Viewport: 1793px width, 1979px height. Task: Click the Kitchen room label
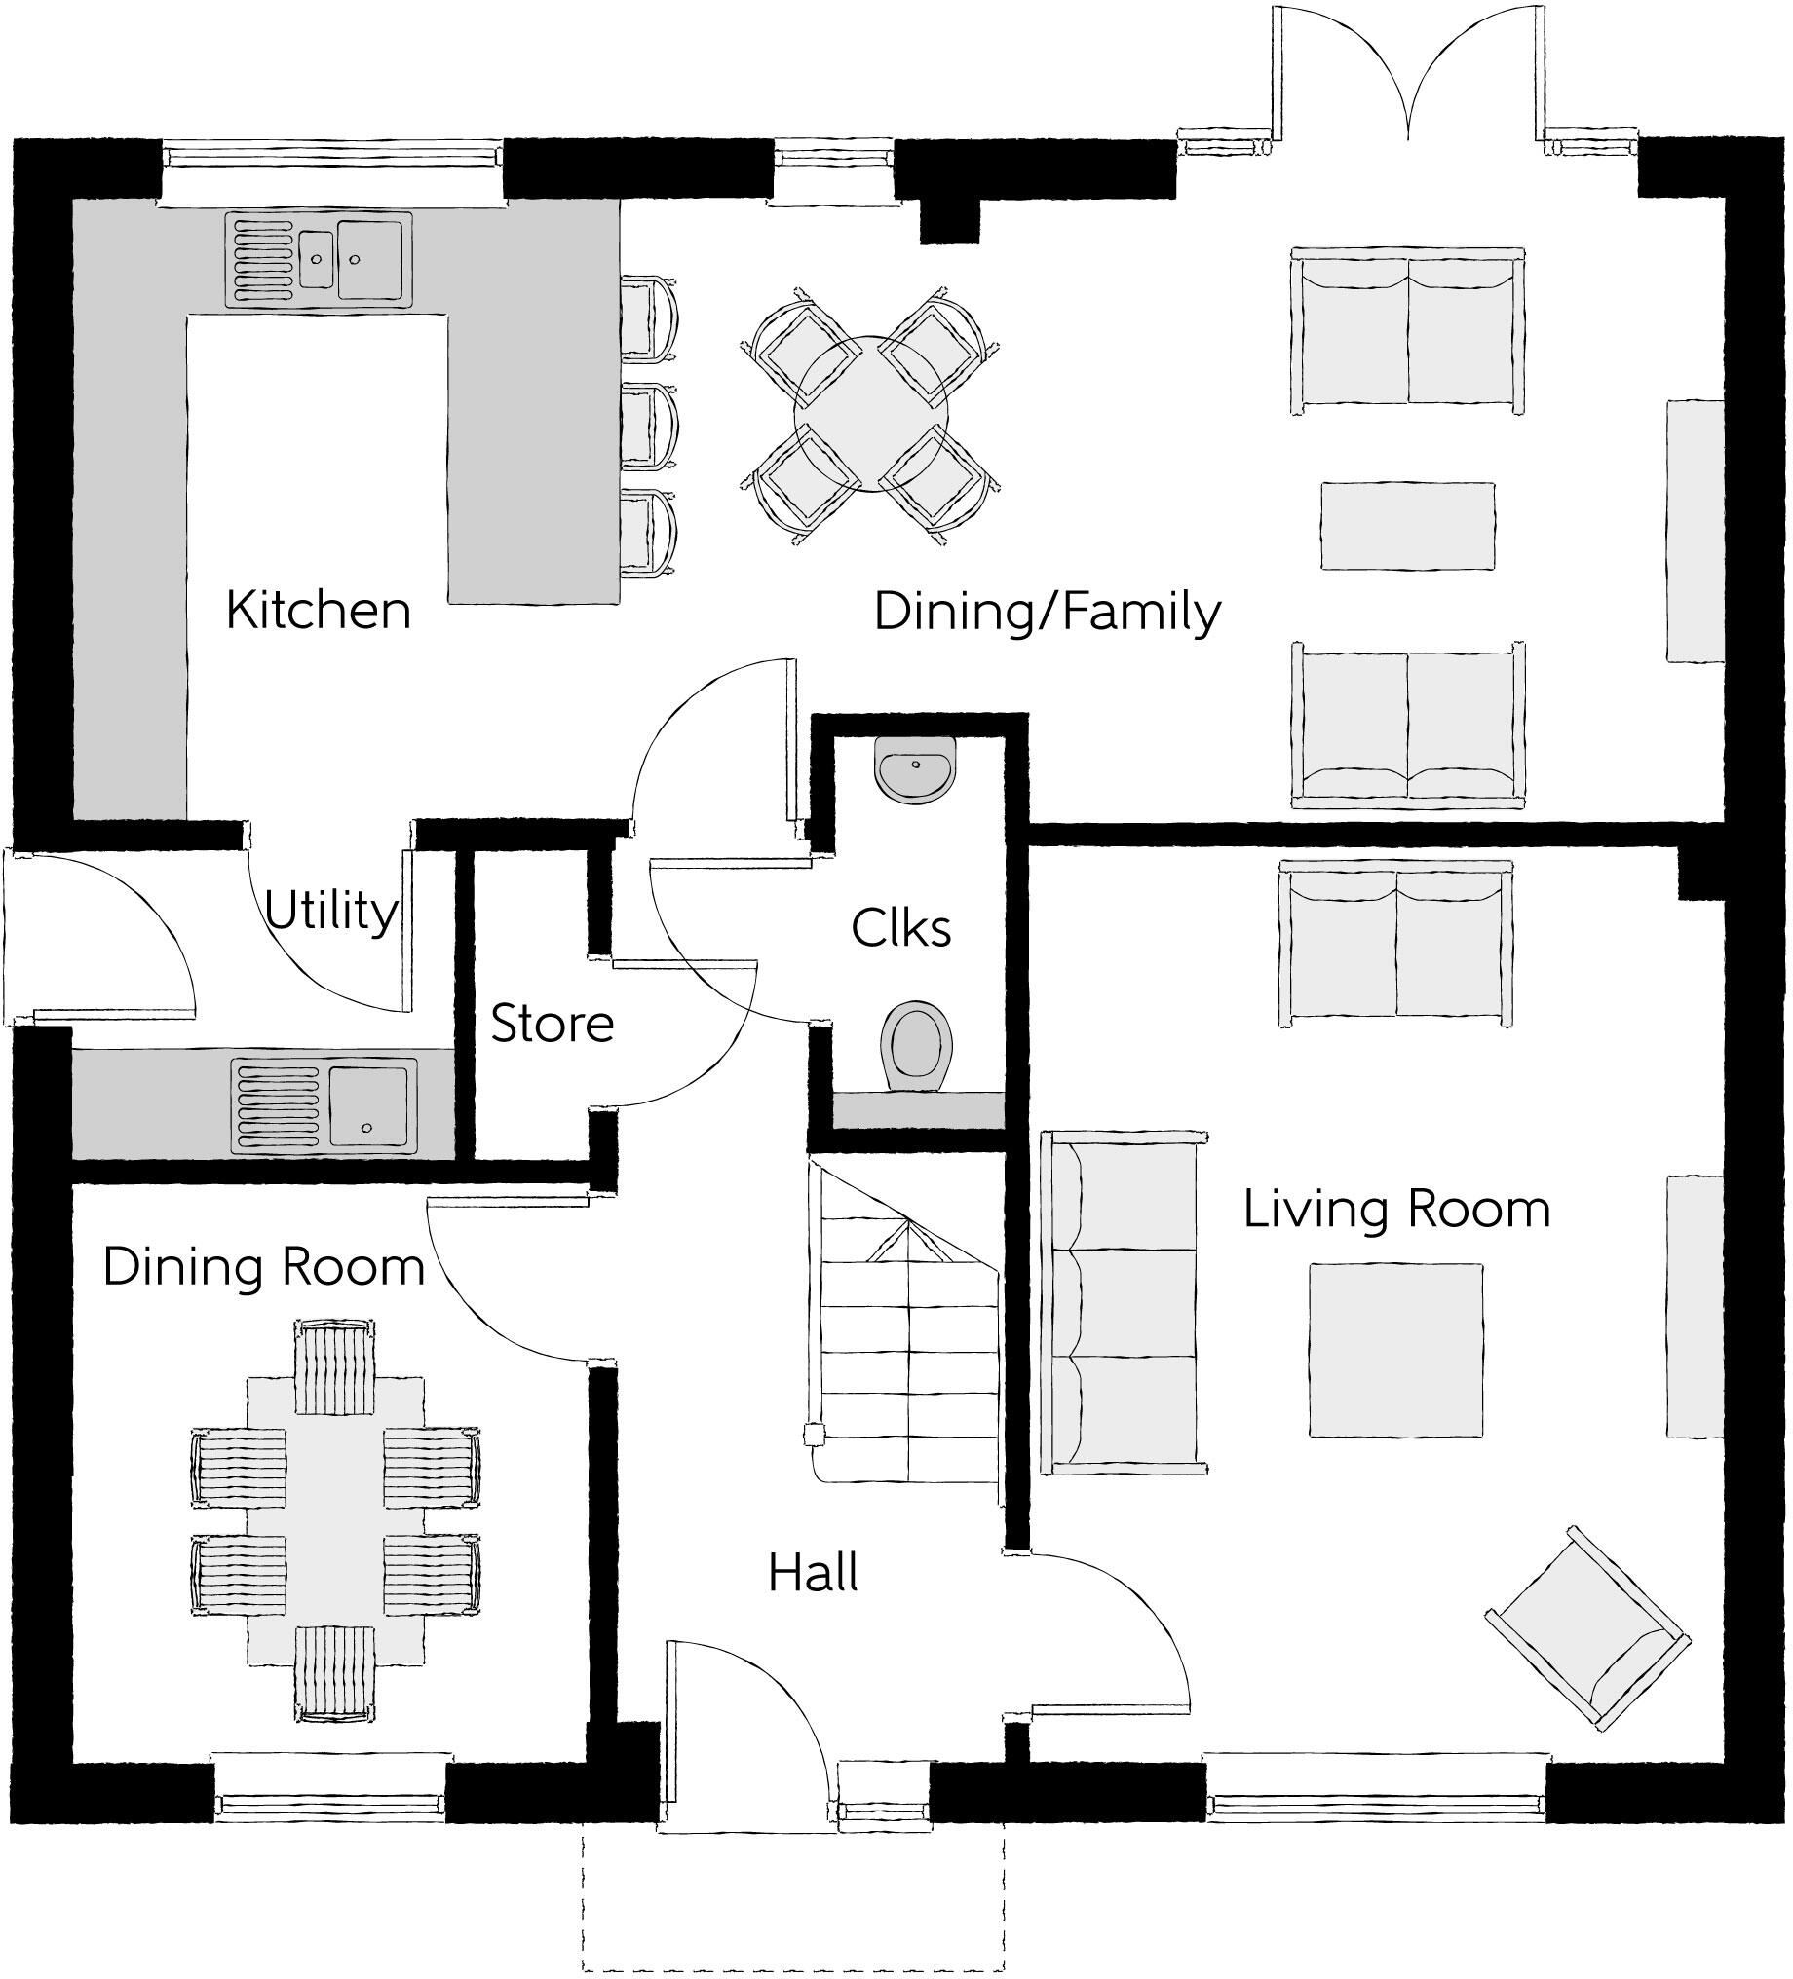point(318,611)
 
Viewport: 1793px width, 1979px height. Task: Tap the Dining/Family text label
point(1047,613)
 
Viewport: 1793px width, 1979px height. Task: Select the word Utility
point(331,911)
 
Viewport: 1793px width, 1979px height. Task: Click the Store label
point(552,1024)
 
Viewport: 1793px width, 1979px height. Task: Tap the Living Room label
point(1396,1209)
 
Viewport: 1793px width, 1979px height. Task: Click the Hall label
point(812,1573)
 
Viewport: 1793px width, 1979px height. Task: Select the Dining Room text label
point(263,1266)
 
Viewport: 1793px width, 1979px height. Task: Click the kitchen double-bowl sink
point(319,260)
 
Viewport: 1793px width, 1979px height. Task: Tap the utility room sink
point(324,1105)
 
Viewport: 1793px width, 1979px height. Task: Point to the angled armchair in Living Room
point(1585,1627)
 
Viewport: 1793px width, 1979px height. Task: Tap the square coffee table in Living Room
point(1394,1350)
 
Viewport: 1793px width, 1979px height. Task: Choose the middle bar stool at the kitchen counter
point(648,427)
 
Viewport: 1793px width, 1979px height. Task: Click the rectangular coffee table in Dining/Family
point(1406,525)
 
